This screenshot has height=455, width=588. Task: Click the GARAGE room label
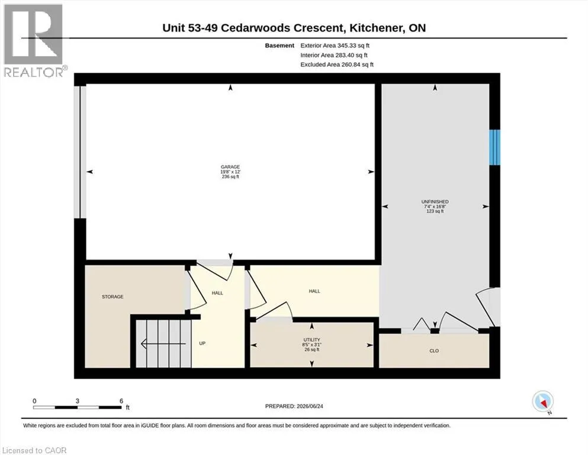coord(230,167)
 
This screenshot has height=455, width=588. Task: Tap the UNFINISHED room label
coord(435,202)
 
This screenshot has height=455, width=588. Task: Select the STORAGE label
coord(113,297)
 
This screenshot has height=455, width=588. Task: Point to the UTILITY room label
coord(311,340)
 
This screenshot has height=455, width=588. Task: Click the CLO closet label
coord(434,351)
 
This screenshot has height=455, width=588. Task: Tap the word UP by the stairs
coord(202,344)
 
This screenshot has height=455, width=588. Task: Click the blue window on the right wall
coord(494,147)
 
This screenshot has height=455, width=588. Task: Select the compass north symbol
coord(543,402)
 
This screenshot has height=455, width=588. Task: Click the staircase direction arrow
coord(163,344)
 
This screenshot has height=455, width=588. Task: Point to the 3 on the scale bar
coord(77,400)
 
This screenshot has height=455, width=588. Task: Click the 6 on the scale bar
coord(121,400)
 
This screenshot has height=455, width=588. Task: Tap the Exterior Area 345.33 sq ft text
coord(335,46)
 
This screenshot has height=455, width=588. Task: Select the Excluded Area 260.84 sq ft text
coord(337,65)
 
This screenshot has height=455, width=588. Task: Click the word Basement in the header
coord(279,46)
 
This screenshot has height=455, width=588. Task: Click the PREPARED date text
coord(294,406)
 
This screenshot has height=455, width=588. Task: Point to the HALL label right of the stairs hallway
coord(314,291)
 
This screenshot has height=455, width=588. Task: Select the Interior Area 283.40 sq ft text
coord(334,55)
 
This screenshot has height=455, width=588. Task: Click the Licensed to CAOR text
coord(34,450)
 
